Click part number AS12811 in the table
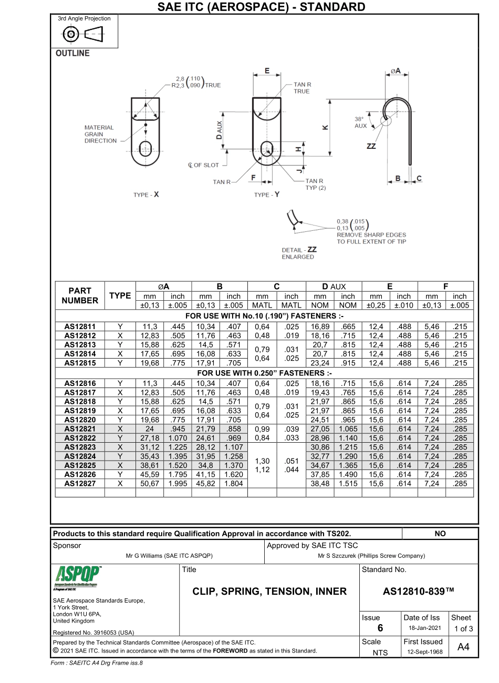click(80, 327)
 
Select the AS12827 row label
click(80, 483)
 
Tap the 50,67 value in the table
click(149, 483)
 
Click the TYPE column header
click(120, 295)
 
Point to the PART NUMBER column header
click(80, 295)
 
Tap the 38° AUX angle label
click(361, 123)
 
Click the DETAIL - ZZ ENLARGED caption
click(298, 253)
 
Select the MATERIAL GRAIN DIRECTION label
click(100, 134)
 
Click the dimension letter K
click(325, 128)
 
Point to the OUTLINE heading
click(72, 53)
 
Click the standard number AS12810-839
click(419, 591)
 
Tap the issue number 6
click(380, 628)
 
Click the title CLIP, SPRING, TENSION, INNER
click(269, 591)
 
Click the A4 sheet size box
click(463, 647)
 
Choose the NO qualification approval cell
click(440, 533)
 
